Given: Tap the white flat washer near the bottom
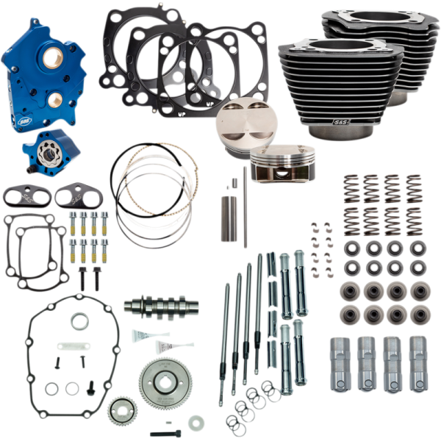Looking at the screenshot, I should (x=196, y=423).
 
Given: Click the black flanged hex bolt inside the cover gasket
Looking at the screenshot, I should (x=91, y=387).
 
